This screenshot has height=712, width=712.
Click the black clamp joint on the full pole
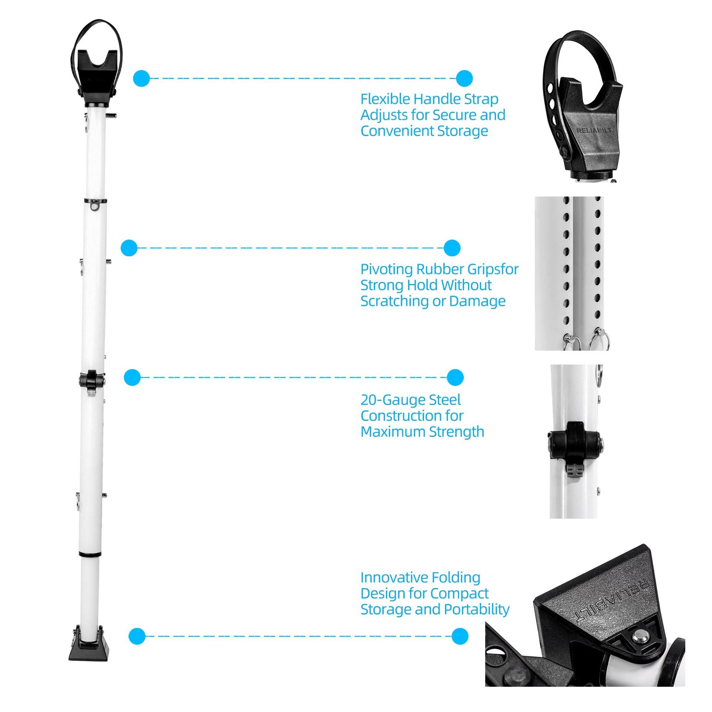coord(91,379)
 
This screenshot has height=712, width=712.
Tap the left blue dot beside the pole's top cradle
coord(141,78)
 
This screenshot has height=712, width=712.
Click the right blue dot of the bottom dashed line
coord(460,636)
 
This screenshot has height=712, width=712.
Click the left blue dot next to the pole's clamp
coord(132,378)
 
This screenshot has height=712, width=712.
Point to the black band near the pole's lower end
coord(90,554)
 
